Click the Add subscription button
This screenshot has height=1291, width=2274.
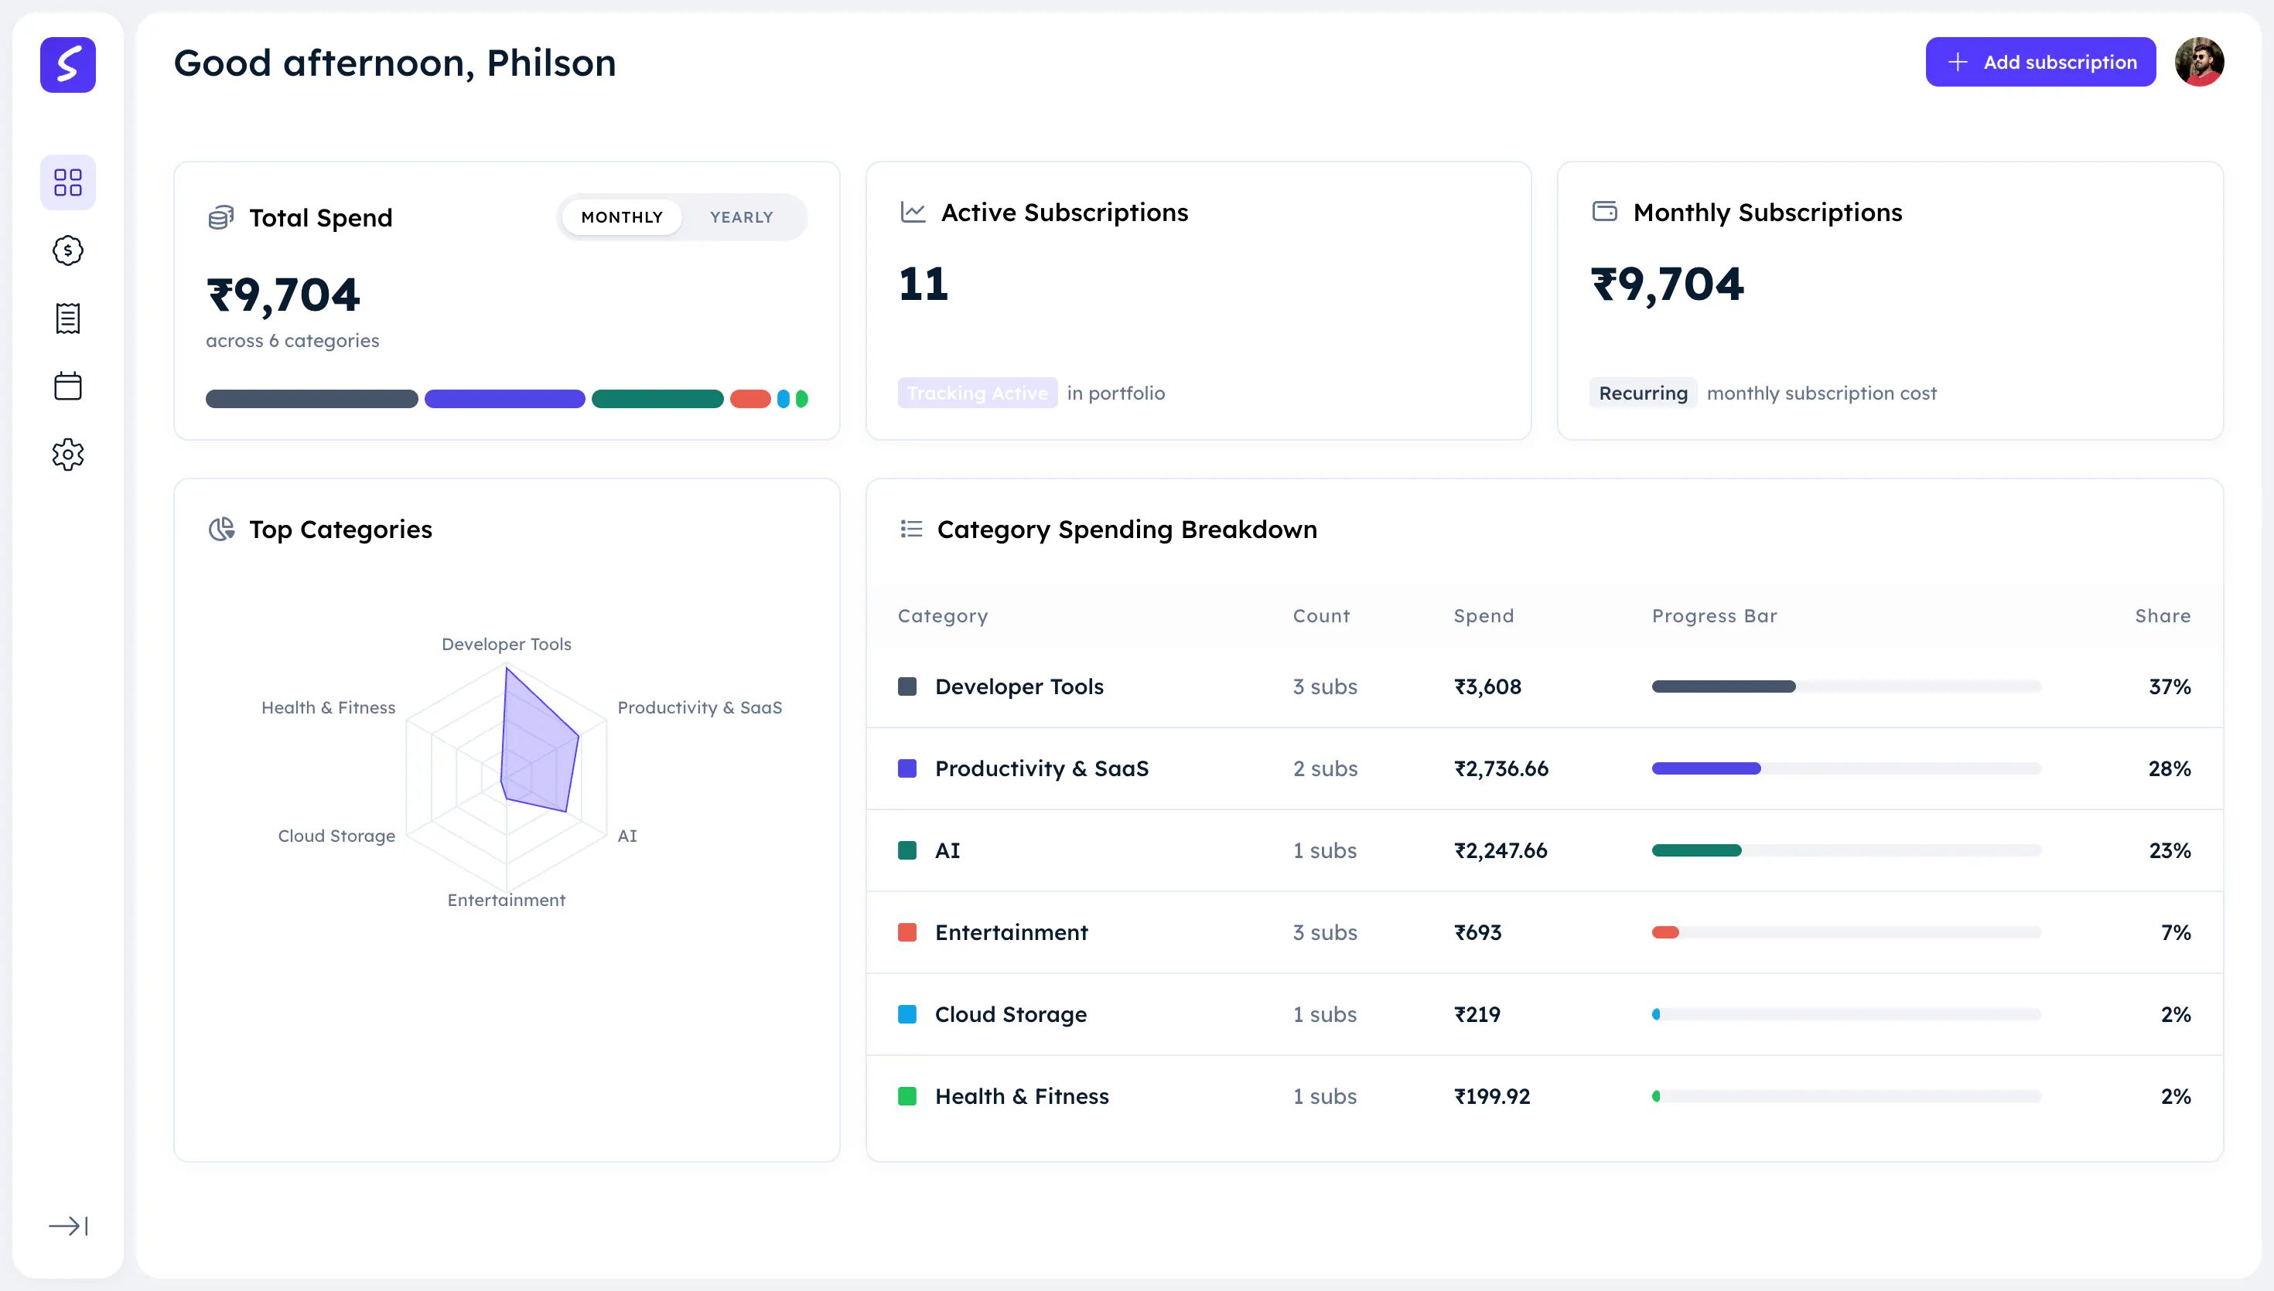(2040, 62)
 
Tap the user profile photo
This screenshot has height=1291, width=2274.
(2199, 62)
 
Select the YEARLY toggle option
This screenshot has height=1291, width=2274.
(742, 217)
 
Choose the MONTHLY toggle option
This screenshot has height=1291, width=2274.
(622, 217)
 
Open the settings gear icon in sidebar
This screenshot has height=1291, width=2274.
(67, 455)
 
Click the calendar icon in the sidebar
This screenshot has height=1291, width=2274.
(67, 386)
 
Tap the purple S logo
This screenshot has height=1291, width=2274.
(67, 65)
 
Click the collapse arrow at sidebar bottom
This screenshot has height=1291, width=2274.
(67, 1225)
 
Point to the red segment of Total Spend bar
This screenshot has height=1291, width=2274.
(750, 399)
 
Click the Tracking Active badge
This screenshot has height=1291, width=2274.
(978, 393)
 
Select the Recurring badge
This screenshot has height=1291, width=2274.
(1643, 393)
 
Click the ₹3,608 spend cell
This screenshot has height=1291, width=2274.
(1487, 686)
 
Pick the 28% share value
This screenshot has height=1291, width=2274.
(2170, 768)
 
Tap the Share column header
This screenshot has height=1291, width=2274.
(2163, 616)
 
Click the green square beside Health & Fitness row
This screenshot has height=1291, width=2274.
(907, 1096)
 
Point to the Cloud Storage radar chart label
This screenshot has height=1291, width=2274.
(337, 836)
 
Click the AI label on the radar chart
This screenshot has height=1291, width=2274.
(627, 836)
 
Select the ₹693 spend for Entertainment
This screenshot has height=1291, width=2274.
(1477, 933)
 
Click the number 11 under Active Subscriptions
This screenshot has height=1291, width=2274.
(924, 284)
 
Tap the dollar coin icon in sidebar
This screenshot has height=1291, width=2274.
(67, 250)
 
